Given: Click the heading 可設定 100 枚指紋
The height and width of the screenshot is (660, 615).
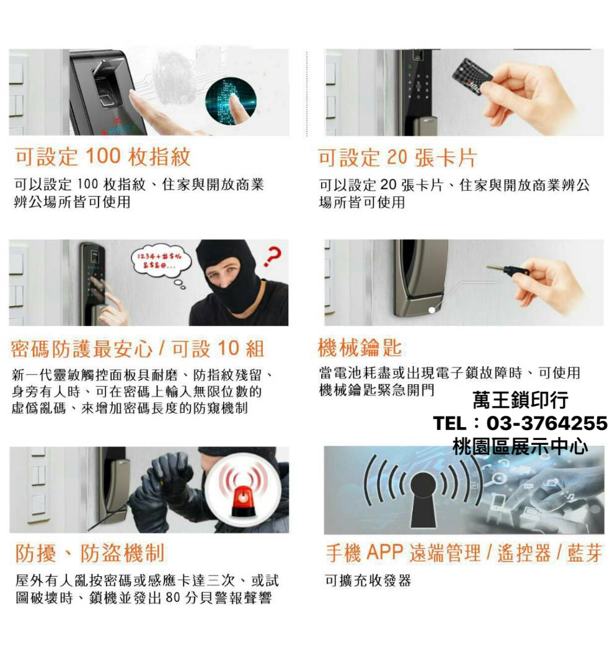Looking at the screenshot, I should point(103,157).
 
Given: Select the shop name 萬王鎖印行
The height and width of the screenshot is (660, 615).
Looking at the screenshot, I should point(520,400).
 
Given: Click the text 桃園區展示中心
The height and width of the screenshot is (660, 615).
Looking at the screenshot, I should point(520,446).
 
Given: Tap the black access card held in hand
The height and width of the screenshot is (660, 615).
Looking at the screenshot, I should point(472,77).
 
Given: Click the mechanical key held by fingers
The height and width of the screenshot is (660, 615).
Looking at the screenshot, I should point(507,270).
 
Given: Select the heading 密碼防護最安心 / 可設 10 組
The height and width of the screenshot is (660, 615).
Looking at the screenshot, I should point(138,349).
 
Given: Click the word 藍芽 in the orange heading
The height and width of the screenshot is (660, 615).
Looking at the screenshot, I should point(584,553).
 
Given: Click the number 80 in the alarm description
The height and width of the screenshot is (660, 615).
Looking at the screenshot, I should point(174,599).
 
